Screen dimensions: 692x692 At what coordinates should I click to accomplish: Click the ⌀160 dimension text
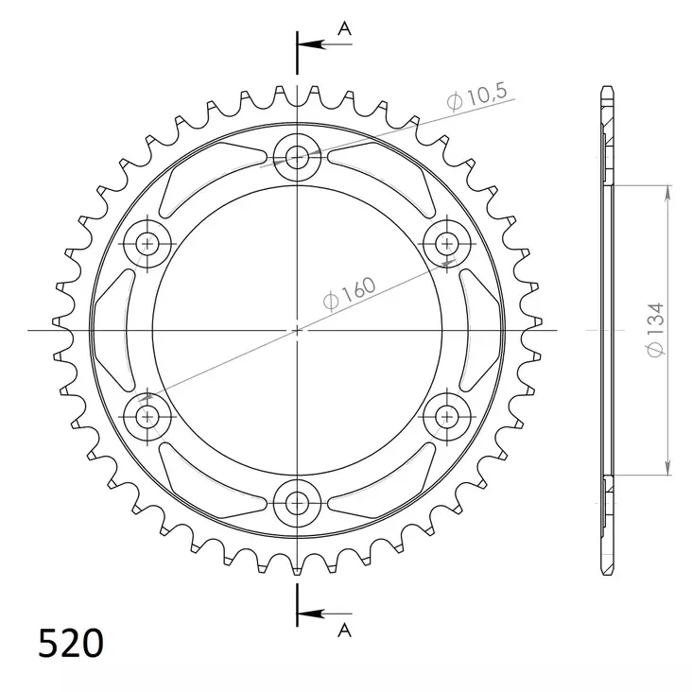point(351,290)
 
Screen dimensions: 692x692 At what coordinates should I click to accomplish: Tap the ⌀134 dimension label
point(654,331)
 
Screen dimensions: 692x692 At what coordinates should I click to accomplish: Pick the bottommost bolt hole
point(298,503)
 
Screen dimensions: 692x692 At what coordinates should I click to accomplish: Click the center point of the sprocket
point(298,330)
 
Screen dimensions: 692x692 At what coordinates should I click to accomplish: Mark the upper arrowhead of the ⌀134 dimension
point(667,193)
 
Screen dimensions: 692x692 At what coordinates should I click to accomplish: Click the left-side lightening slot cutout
point(111,329)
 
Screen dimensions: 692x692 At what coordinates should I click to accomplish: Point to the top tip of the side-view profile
point(605,88)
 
